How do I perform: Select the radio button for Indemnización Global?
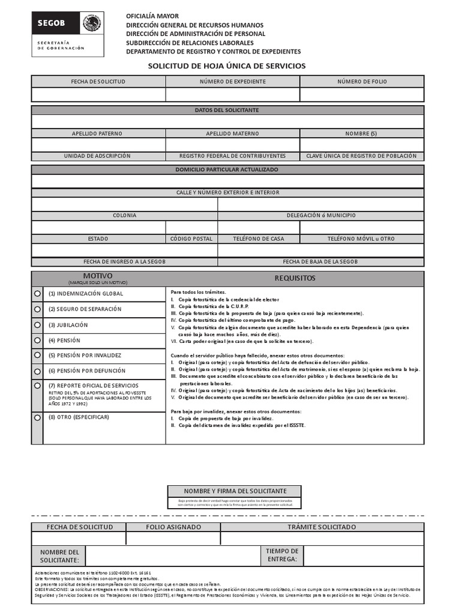(x=37, y=293)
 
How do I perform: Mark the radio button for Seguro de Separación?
(x=37, y=309)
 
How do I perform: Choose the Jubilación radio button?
(x=37, y=324)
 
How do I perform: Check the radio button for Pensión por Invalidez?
(x=37, y=355)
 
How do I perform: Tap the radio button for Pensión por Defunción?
(x=37, y=371)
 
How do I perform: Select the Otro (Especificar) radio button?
(x=37, y=417)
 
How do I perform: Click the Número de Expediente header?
(x=232, y=81)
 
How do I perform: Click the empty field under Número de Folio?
(x=362, y=94)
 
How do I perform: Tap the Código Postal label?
(x=191, y=238)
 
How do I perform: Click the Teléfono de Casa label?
(x=259, y=238)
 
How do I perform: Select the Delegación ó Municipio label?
(x=321, y=215)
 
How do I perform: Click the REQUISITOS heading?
(x=295, y=278)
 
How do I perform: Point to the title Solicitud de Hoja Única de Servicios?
(x=227, y=65)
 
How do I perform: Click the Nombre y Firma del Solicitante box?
(x=235, y=491)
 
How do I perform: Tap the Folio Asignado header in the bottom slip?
(x=173, y=527)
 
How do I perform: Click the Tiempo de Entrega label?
(x=282, y=555)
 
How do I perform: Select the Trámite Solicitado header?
(x=322, y=527)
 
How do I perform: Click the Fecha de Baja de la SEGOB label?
(x=321, y=262)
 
